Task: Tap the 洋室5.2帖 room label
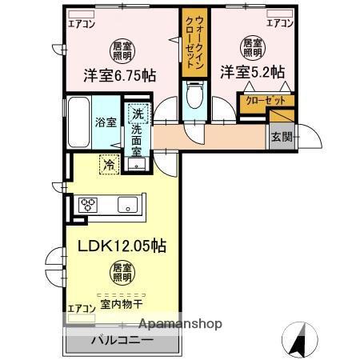[x=253, y=71]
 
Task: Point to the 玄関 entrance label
[x=281, y=136]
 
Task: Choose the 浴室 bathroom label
[x=106, y=122]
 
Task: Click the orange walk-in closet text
[x=194, y=46]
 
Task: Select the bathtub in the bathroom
[x=78, y=121]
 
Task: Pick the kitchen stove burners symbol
[x=87, y=203]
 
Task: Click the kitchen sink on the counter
[x=128, y=205]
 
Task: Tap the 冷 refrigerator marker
[x=108, y=165]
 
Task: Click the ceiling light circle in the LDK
[x=121, y=274]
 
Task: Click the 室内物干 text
[x=122, y=304]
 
